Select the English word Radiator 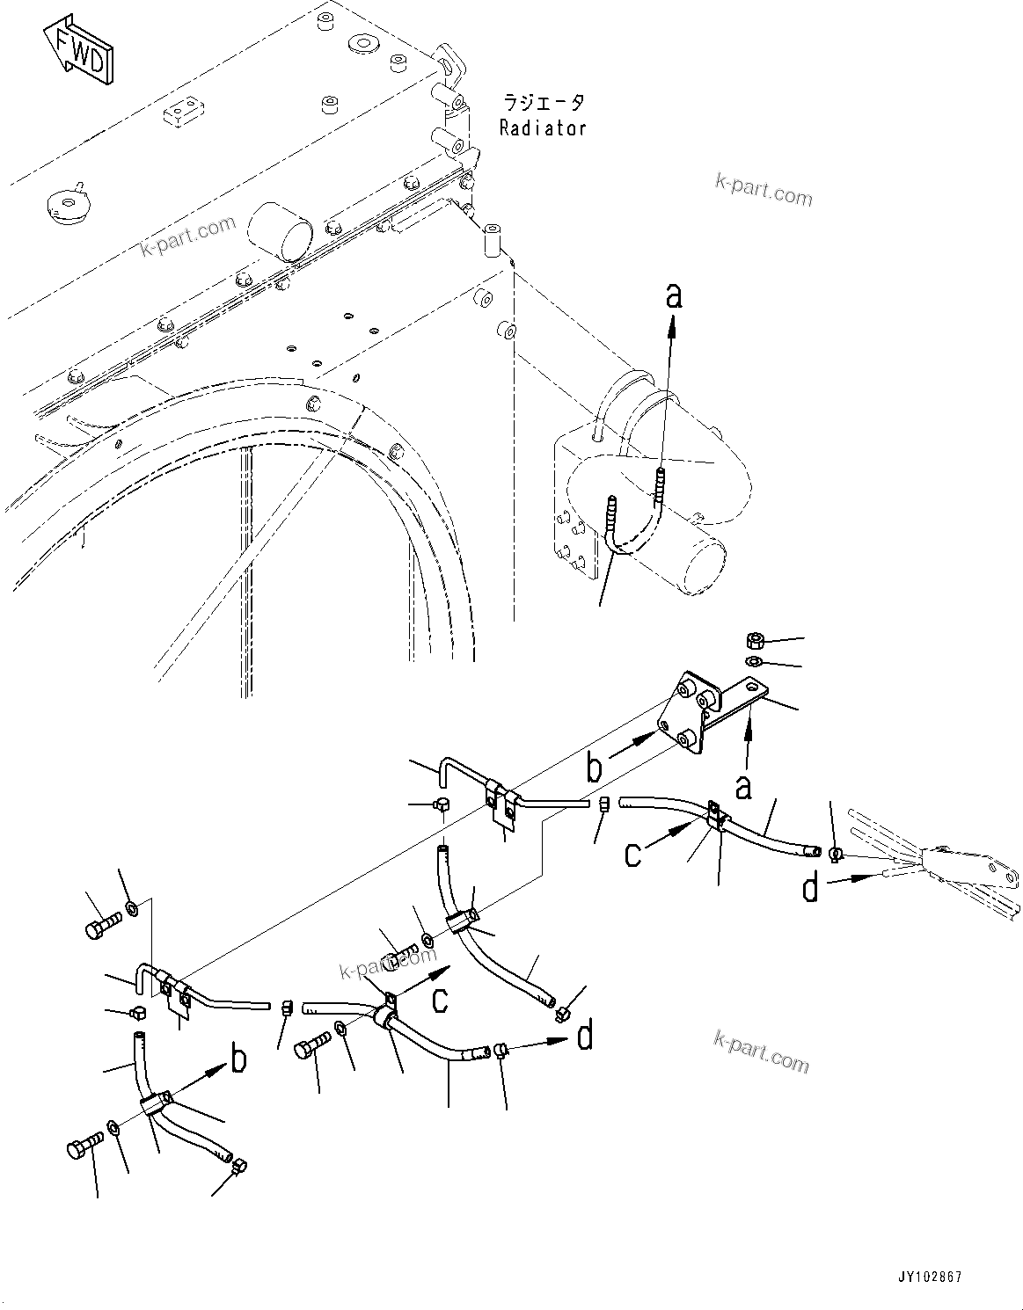pos(543,128)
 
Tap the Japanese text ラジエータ pos(543,103)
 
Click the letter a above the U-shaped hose pos(673,297)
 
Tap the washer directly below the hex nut pos(754,661)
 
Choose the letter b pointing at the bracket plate pos(596,766)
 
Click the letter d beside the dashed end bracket pos(810,889)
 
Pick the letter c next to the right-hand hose pos(633,853)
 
